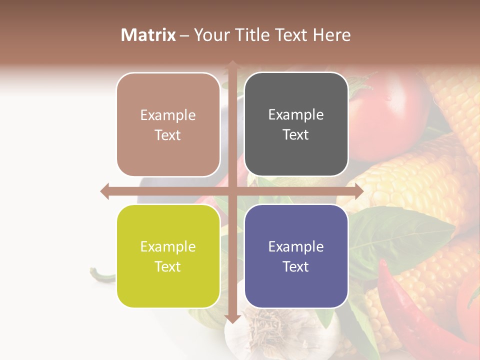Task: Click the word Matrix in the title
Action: (x=148, y=35)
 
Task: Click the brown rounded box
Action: (x=168, y=124)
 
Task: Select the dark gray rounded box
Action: (x=296, y=124)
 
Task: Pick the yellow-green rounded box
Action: (x=168, y=256)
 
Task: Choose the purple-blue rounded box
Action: (x=296, y=256)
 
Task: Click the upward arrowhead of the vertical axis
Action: (x=232, y=64)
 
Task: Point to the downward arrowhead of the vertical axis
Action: (x=232, y=318)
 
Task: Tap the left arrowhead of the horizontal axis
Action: (x=104, y=191)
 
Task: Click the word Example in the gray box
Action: (x=296, y=115)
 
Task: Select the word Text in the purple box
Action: (x=296, y=266)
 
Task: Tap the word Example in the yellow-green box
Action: (x=168, y=246)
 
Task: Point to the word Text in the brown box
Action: (x=168, y=135)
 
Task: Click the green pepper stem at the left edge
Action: (x=100, y=274)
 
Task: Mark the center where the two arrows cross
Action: (x=232, y=191)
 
